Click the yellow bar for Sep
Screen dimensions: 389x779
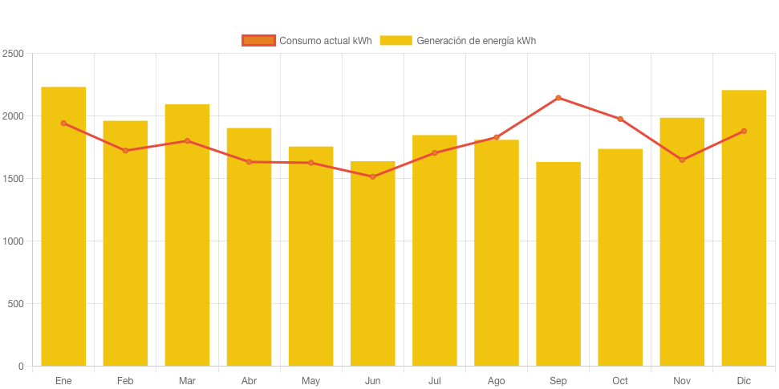pos(558,265)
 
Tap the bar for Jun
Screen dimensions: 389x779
pos(373,265)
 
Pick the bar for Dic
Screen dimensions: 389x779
pos(744,229)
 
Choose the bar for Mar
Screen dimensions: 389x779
pos(187,237)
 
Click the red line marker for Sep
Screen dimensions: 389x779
pos(558,98)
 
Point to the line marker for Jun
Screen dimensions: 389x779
pos(373,176)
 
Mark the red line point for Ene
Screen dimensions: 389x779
pos(63,123)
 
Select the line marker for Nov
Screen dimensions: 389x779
pos(682,160)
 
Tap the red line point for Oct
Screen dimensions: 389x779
pos(620,119)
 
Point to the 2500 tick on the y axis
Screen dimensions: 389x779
pos(14,54)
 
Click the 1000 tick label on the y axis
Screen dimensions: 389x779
pos(14,241)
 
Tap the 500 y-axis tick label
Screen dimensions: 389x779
pos(16,304)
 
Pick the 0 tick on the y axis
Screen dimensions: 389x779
pos(21,367)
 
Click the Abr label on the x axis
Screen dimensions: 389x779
pos(249,380)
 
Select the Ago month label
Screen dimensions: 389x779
pos(497,380)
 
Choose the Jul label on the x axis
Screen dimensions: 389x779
pos(435,380)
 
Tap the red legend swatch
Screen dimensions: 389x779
pos(258,41)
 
